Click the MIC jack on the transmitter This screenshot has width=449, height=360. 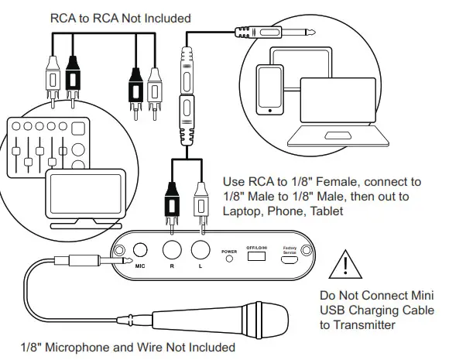click(x=140, y=252)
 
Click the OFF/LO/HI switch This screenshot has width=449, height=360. click(x=255, y=256)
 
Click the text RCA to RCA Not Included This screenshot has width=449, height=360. click(x=120, y=17)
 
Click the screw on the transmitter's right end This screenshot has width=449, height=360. click(x=306, y=251)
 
